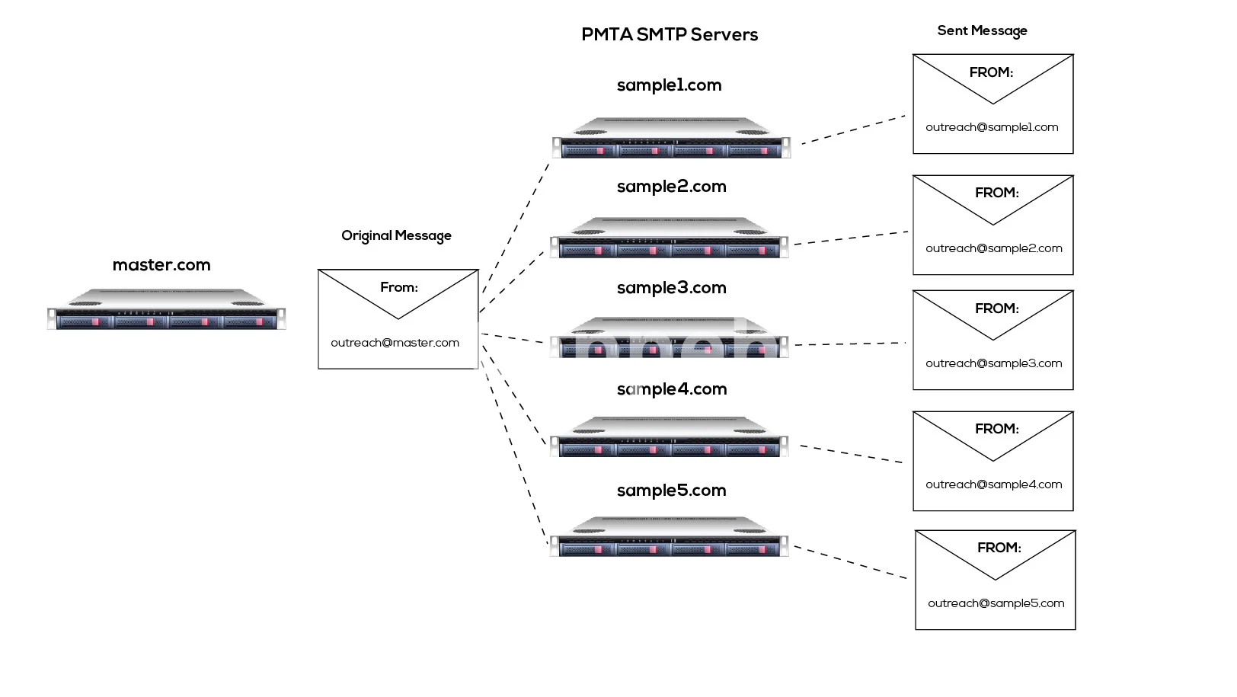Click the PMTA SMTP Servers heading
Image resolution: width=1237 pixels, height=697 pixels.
(670, 35)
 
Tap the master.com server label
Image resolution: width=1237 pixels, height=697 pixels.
(161, 265)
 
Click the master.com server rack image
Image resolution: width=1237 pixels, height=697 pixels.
(166, 309)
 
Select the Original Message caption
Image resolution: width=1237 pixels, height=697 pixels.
(396, 235)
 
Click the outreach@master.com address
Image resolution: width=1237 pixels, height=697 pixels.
(395, 343)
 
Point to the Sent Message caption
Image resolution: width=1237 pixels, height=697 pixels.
(982, 30)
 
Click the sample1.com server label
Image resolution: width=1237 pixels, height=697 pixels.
(669, 85)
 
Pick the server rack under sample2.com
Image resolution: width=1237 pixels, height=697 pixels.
(669, 238)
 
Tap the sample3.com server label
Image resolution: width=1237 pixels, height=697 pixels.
(671, 288)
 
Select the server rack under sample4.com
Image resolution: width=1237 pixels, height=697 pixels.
(669, 437)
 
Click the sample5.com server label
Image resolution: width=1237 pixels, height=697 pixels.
(671, 491)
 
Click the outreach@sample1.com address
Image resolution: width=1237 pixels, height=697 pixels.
(992, 127)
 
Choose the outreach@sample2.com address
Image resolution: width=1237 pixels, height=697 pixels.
(993, 248)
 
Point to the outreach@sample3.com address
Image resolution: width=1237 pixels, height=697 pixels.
(993, 363)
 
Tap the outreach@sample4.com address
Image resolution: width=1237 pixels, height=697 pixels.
(993, 484)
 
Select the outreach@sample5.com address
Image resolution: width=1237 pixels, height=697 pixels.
(996, 603)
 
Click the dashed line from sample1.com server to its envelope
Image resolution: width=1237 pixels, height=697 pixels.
(853, 129)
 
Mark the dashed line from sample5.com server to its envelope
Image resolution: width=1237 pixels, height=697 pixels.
(850, 562)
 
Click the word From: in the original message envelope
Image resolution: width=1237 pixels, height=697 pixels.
(399, 287)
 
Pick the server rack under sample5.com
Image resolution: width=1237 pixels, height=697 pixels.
(669, 537)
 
